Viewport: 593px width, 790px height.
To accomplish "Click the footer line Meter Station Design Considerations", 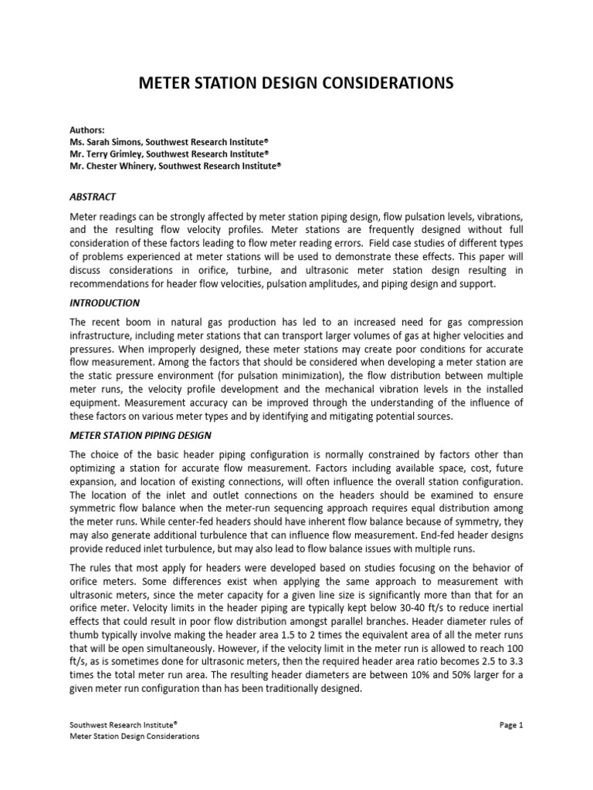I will pyautogui.click(x=135, y=736).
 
